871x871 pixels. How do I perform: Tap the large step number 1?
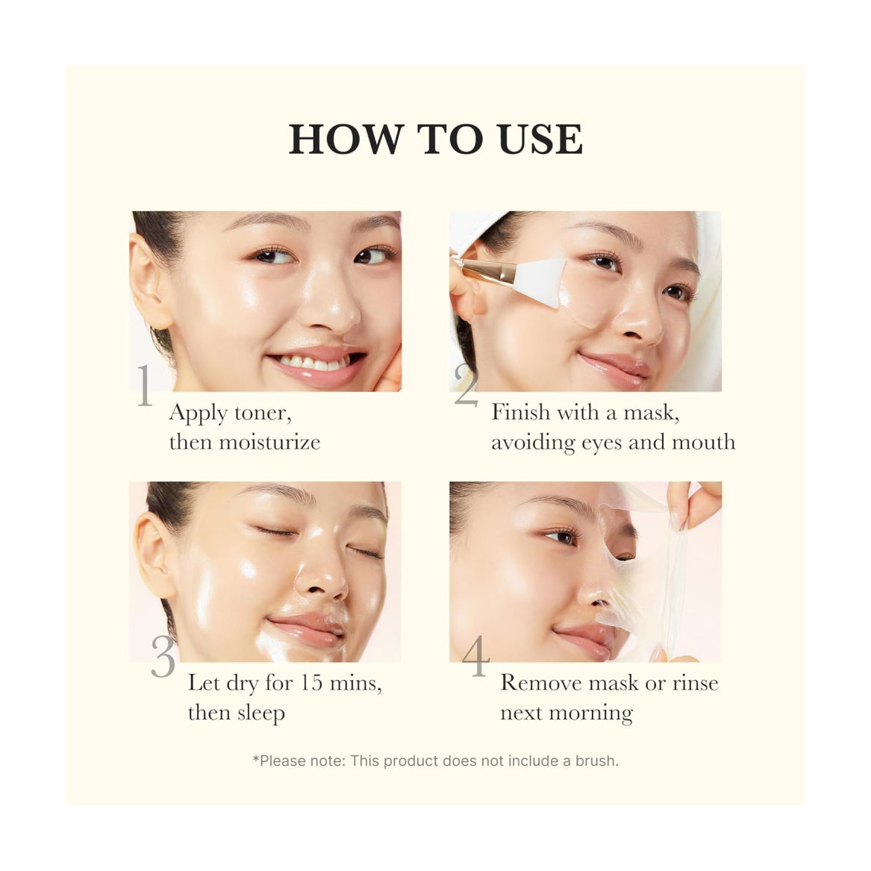(x=144, y=386)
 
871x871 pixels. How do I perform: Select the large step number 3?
(x=163, y=656)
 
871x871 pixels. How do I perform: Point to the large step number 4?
(x=475, y=656)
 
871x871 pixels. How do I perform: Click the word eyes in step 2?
(x=602, y=443)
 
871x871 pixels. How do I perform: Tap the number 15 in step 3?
(x=313, y=683)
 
